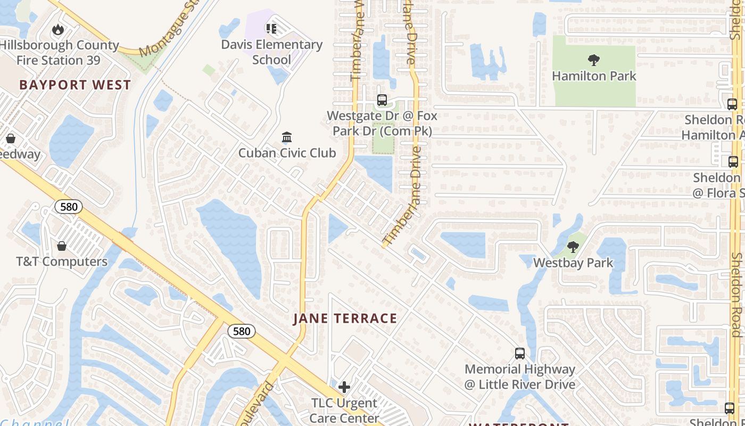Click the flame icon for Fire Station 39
point(57,30)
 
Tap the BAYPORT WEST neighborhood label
point(75,85)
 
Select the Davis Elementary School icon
point(271,28)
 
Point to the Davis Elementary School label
point(272,52)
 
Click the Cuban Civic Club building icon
point(287,137)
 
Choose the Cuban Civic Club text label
point(287,153)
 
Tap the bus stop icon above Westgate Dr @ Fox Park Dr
point(382,100)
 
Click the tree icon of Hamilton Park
point(594,60)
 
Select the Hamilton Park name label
point(594,76)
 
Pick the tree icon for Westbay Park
point(573,247)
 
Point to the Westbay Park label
point(573,263)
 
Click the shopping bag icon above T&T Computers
point(62,246)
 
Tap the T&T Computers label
point(62,262)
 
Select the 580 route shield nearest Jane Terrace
point(242,331)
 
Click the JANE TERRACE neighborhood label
point(345,319)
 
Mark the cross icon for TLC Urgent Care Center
point(344,387)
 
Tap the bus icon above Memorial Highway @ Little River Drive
point(520,353)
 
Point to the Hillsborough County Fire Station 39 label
point(59,53)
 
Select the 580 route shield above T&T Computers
point(69,207)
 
